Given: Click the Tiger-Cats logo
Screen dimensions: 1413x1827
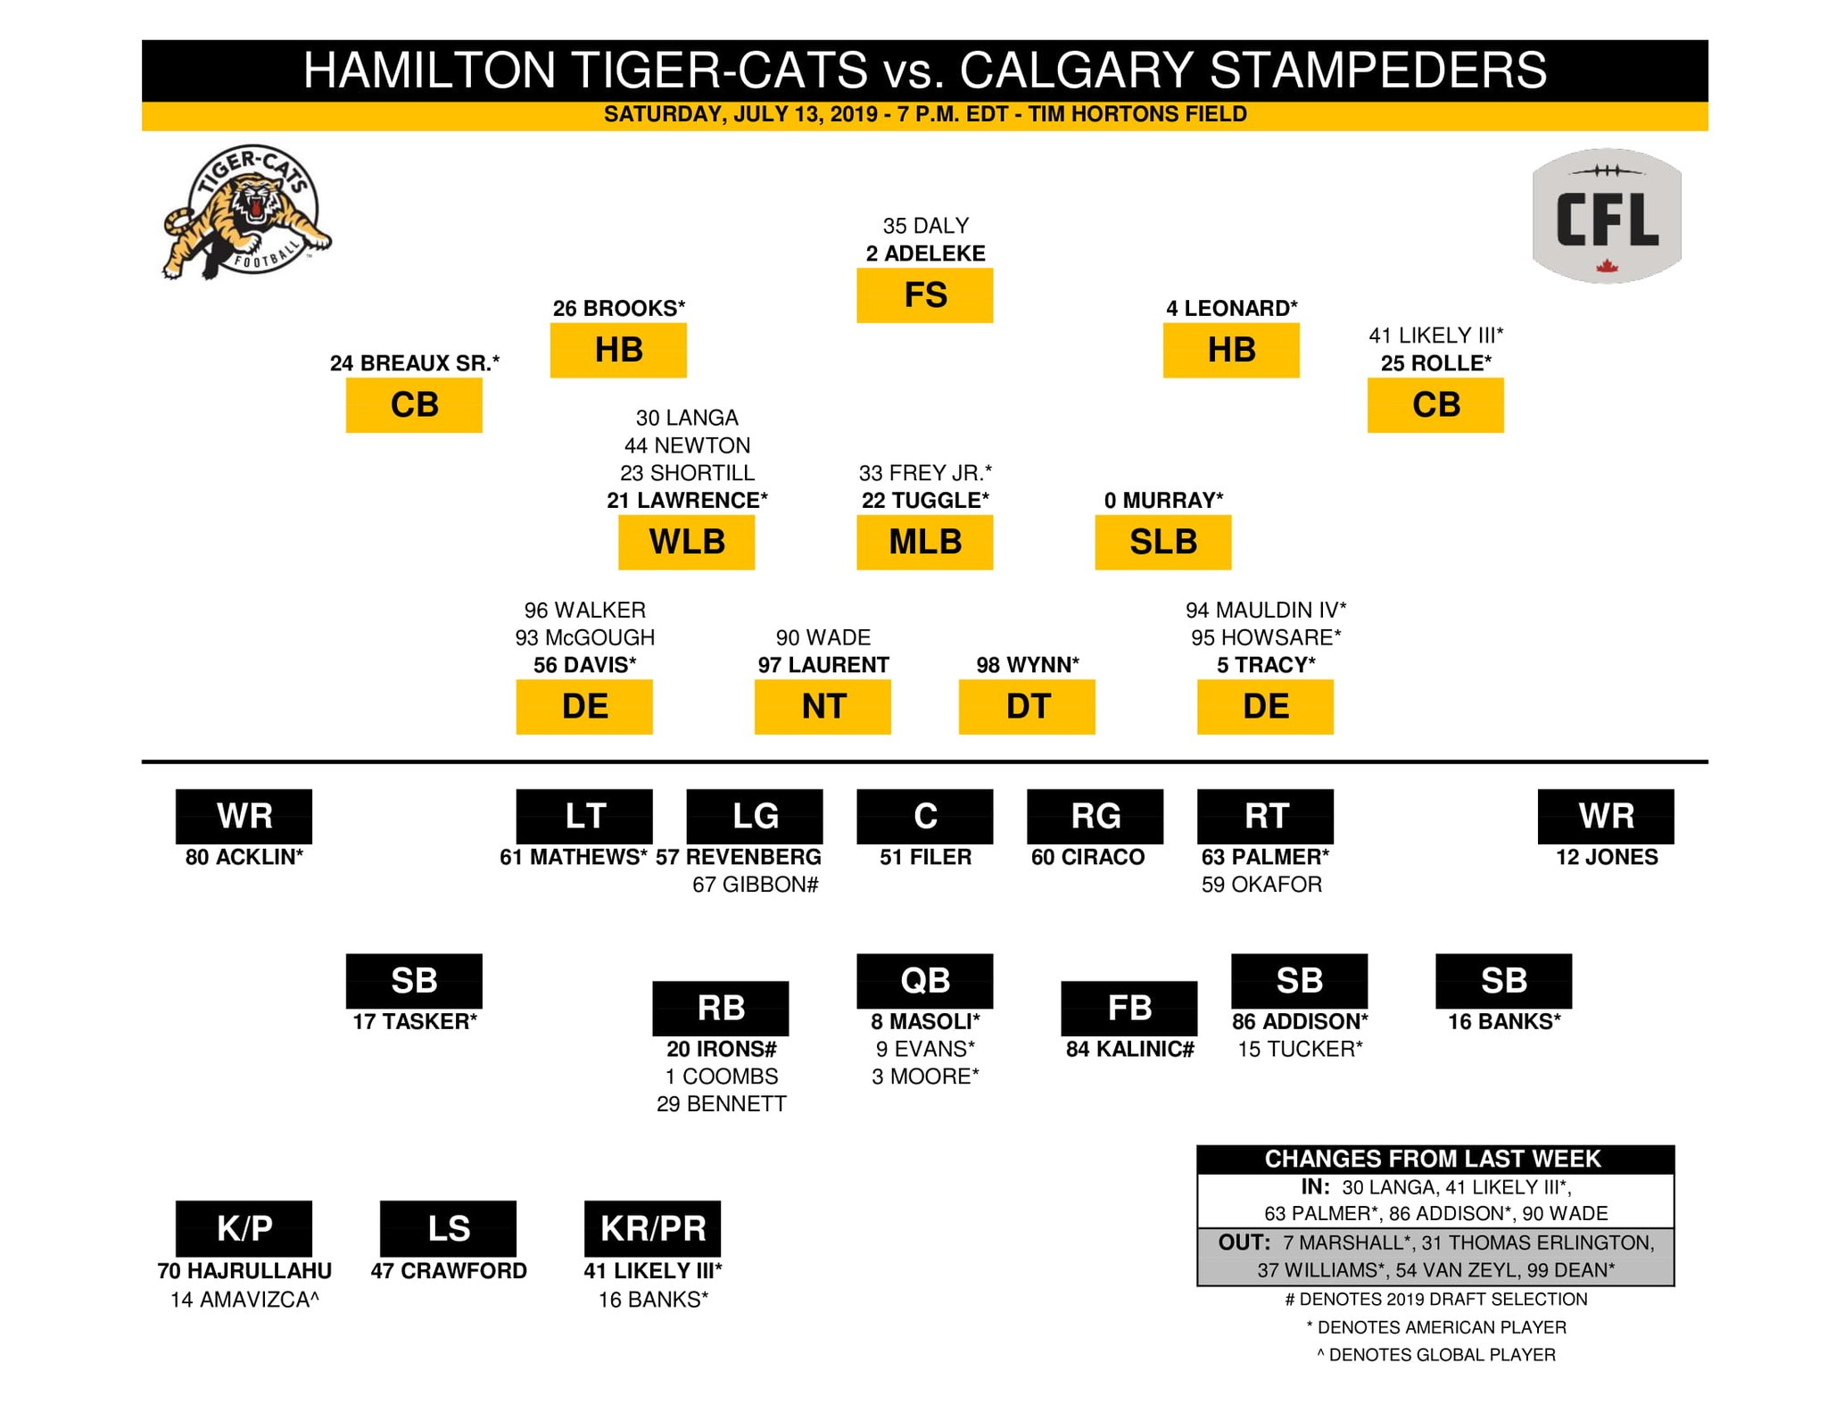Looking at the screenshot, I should pyautogui.click(x=245, y=212).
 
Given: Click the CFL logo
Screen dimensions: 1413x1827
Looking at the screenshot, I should pyautogui.click(x=1607, y=216).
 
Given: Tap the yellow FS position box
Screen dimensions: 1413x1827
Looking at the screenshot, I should pyautogui.click(x=924, y=295).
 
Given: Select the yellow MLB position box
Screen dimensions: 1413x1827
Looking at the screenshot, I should pyautogui.click(x=924, y=542).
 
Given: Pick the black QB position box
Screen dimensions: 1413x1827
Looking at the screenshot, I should pyautogui.click(x=924, y=980).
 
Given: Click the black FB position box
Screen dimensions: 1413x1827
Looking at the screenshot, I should pyautogui.click(x=1128, y=1008).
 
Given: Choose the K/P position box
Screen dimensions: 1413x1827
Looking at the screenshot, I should pyautogui.click(x=244, y=1228).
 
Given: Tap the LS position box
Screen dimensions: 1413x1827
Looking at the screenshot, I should pyautogui.click(x=448, y=1228).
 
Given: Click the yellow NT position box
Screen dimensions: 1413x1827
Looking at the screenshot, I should pyautogui.click(x=822, y=707).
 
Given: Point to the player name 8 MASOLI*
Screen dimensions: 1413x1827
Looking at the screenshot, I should pyautogui.click(x=925, y=1021).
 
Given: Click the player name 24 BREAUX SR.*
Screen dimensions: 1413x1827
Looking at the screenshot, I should pyautogui.click(x=415, y=363).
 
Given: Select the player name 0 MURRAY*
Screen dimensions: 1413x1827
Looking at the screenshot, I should pyautogui.click(x=1163, y=501).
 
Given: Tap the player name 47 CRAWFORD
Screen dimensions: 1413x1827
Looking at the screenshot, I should pyautogui.click(x=449, y=1270).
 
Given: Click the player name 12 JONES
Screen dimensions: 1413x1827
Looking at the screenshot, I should pyautogui.click(x=1606, y=857).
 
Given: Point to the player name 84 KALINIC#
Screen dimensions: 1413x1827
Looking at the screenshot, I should pyautogui.click(x=1129, y=1049).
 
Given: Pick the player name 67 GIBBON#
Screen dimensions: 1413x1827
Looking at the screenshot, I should pyautogui.click(x=755, y=885).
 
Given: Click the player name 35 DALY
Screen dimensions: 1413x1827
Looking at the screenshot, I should pyautogui.click(x=925, y=226).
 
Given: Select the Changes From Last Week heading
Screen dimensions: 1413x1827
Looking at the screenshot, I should pyautogui.click(x=1433, y=1159).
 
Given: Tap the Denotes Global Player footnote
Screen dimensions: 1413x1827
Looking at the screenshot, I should pyautogui.click(x=1436, y=1355).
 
